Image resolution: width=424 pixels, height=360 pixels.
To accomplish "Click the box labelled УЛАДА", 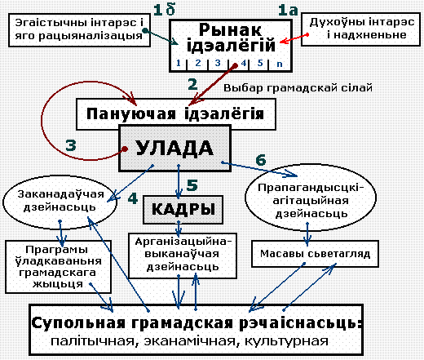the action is (175, 149).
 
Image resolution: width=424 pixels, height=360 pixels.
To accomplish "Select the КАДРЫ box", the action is (183, 210).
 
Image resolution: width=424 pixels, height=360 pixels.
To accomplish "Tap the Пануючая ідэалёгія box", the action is (176, 114).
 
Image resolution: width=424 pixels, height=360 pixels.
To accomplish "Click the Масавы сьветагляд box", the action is (315, 254).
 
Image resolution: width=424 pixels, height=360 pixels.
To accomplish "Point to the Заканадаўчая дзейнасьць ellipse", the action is (60, 202).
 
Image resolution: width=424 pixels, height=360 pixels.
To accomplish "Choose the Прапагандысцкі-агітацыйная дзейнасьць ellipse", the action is (311, 198).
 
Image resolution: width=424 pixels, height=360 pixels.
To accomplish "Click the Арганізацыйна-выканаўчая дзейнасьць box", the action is (183, 256).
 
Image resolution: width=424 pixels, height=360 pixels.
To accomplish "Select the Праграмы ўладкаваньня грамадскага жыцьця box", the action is (58, 267).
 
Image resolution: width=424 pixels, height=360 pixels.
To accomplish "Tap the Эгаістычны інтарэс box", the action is (79, 29).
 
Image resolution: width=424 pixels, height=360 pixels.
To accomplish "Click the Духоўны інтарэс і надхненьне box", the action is (360, 29).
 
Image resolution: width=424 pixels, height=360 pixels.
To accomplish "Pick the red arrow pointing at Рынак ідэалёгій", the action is (294, 38).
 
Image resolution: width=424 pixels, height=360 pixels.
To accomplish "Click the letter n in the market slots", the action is (280, 64).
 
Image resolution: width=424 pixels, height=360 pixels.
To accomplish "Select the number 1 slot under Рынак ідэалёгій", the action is (179, 63).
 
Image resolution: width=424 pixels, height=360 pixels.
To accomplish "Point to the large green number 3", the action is (71, 145).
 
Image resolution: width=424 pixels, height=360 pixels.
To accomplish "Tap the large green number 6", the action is (261, 160).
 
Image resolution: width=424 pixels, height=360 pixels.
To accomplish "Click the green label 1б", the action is (164, 10).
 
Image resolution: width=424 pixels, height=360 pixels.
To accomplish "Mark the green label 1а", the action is (288, 11).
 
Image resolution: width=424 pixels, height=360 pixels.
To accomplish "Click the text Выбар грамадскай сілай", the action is (298, 88).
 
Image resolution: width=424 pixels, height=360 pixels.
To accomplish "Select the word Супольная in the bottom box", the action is (78, 323).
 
